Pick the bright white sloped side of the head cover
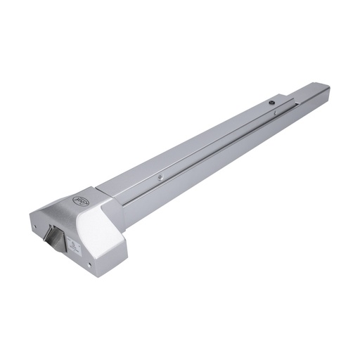[x=98, y=232]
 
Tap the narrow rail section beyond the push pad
[x=313, y=95]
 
